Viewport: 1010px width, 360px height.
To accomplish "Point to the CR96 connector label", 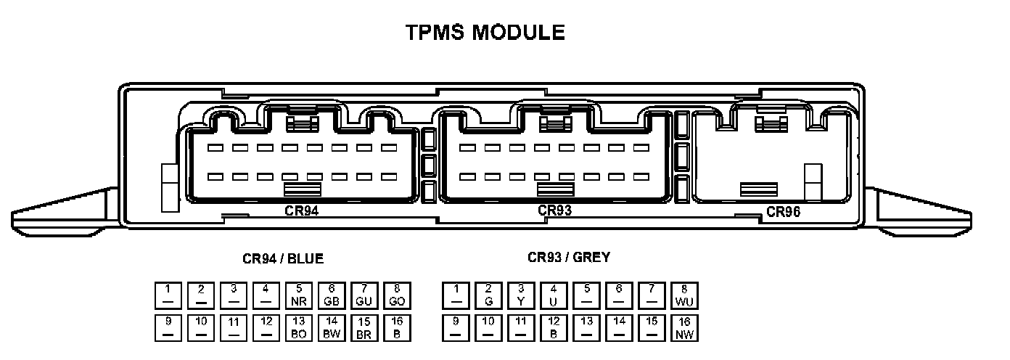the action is (x=783, y=212).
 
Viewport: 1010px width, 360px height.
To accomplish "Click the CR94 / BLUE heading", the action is (x=283, y=258).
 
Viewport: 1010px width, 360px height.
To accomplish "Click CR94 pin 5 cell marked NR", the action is (x=299, y=295).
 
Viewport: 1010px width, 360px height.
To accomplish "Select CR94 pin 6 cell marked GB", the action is (x=332, y=295).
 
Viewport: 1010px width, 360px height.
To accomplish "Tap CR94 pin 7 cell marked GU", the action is (x=364, y=295).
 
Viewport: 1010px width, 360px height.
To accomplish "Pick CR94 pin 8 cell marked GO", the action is (x=397, y=295).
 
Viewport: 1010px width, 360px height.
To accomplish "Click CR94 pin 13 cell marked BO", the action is (x=299, y=328).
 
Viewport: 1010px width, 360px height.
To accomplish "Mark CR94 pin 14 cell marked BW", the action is (x=332, y=328).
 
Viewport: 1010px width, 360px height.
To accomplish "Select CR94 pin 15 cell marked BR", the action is (x=364, y=328).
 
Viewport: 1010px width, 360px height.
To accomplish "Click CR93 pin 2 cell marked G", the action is (x=488, y=295).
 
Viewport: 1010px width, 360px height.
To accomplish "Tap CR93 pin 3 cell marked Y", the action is (x=521, y=295).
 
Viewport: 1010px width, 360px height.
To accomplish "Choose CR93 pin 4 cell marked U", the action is (x=554, y=295).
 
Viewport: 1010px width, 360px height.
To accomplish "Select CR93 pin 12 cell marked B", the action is (x=554, y=328).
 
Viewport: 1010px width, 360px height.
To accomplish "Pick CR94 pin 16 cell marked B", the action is (x=397, y=328).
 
